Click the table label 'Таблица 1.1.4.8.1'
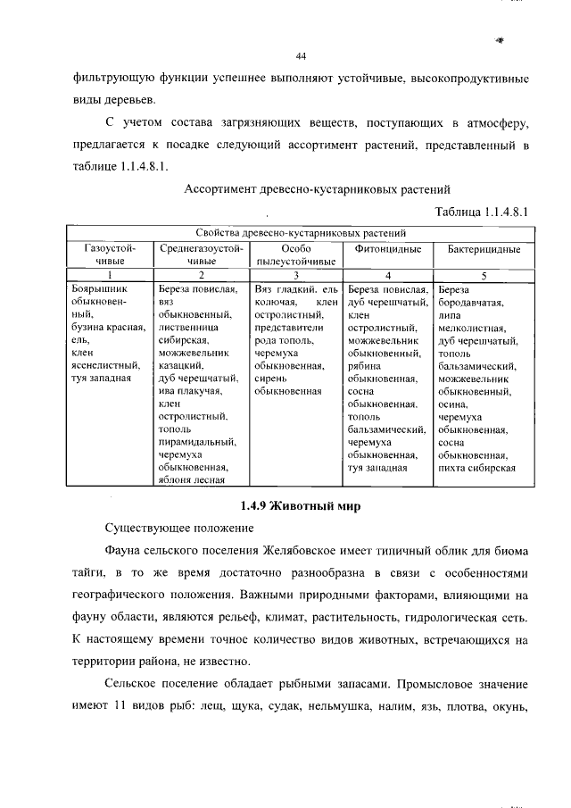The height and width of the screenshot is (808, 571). point(482,212)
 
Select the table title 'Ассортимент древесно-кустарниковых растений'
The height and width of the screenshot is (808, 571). point(317,189)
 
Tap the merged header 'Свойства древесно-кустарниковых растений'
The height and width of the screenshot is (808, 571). point(301,233)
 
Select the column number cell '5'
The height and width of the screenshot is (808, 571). point(484,276)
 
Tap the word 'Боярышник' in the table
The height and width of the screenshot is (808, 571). point(98,289)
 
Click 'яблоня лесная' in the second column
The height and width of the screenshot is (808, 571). point(191,478)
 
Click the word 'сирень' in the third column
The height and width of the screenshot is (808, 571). point(269,378)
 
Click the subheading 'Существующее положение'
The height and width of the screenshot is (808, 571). point(168,529)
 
